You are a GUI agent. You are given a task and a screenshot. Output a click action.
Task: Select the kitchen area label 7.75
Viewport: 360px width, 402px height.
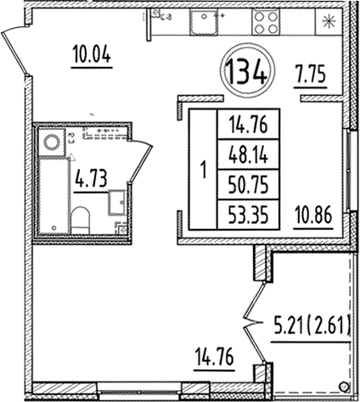(x=311, y=73)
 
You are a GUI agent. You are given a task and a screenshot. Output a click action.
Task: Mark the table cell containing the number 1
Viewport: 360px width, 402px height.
(x=202, y=170)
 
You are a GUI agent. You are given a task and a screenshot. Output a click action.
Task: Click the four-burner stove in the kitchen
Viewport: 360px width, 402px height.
(x=265, y=23)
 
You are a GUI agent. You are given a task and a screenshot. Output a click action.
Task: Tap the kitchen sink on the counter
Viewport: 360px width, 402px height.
(x=204, y=23)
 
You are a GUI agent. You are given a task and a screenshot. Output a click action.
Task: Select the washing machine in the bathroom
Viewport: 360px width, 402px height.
(x=51, y=142)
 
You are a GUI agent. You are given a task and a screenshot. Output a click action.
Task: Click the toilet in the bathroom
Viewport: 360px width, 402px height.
(x=81, y=221)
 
